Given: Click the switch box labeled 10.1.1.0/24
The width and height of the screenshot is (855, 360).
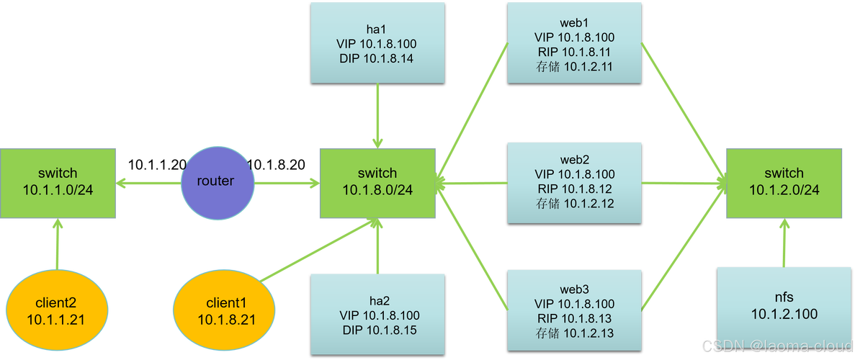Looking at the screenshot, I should pyautogui.click(x=59, y=181).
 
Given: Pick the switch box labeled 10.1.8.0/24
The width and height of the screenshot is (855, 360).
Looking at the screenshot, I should pyautogui.click(x=377, y=181).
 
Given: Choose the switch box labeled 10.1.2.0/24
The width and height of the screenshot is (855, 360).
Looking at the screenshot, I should pyautogui.click(x=784, y=181).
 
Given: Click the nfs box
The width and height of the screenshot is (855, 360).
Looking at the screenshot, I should pyautogui.click(x=784, y=306).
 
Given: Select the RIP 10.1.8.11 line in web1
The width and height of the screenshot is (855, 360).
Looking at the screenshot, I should pyautogui.click(x=574, y=52).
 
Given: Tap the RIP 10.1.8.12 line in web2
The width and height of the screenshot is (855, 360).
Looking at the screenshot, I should pyautogui.click(x=574, y=189).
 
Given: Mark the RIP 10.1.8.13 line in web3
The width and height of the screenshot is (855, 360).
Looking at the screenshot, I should pyautogui.click(x=574, y=318).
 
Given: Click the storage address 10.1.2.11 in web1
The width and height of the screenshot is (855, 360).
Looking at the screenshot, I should pyautogui.click(x=574, y=67).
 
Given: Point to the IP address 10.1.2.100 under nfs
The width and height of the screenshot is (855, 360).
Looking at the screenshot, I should pyautogui.click(x=784, y=314).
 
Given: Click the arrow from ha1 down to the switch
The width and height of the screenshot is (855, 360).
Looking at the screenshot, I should pyautogui.click(x=377, y=115).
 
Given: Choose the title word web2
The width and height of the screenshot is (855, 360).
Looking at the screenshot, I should pyautogui.click(x=574, y=158).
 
